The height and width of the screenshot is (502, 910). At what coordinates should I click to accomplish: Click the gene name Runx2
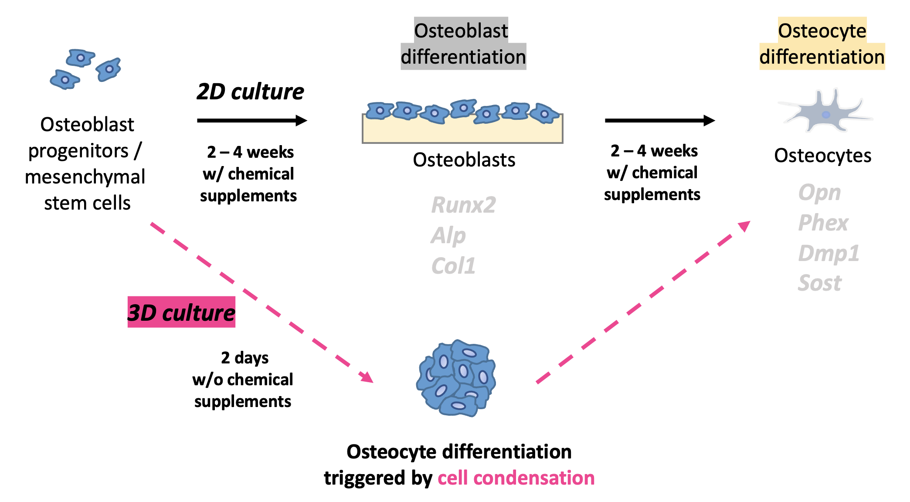463,205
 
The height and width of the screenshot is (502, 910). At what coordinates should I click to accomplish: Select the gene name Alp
448,235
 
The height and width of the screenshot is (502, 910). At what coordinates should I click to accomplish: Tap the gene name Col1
453,266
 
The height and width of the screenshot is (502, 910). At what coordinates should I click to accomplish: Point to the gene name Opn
819,193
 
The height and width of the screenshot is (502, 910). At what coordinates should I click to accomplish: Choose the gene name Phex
823,223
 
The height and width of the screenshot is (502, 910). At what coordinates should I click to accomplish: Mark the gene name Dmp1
829,253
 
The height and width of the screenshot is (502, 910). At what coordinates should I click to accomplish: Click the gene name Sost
819,283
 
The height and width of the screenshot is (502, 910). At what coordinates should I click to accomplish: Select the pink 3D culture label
181,312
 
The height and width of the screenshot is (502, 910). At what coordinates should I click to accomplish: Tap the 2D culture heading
250,92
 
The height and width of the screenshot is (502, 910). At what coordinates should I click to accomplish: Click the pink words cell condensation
516,478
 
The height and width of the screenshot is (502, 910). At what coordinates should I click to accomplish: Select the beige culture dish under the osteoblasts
462,132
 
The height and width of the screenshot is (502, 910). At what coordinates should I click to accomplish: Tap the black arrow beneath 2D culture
252,121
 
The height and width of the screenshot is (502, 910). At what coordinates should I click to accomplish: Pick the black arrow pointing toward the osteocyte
660,121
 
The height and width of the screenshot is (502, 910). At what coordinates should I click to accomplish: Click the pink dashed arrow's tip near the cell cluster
367,378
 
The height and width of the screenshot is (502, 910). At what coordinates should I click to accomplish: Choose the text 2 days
244,358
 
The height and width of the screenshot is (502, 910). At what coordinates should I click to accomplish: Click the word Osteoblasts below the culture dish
464,160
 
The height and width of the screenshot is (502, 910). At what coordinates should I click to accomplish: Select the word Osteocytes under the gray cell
822,156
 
